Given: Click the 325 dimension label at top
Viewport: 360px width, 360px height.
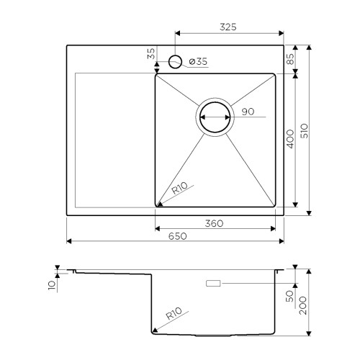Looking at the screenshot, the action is click(x=228, y=27).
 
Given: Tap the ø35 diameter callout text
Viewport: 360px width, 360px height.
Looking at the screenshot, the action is click(x=198, y=62).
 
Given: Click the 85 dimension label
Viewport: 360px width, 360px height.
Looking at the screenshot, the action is click(x=290, y=59).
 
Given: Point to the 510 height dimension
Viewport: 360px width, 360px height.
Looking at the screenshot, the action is click(x=305, y=131).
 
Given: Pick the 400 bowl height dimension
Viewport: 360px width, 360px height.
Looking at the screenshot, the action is click(x=290, y=139).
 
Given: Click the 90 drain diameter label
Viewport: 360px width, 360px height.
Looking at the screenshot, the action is click(x=248, y=112).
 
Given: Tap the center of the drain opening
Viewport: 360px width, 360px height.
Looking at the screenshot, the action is click(x=215, y=117).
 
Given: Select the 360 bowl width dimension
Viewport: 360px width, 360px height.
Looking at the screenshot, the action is click(x=214, y=224).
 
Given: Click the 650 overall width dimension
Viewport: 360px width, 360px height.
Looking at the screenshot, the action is click(x=177, y=236).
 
